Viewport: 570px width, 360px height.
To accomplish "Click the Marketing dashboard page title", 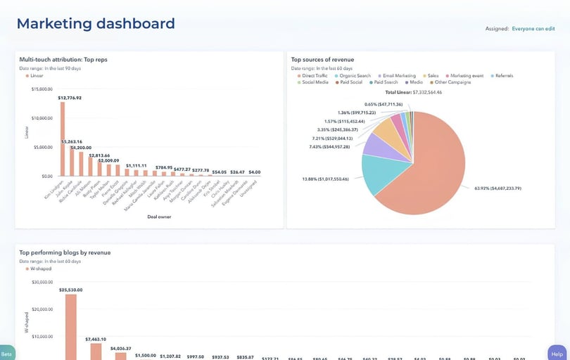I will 96,23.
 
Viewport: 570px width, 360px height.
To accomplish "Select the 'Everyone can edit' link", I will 533,29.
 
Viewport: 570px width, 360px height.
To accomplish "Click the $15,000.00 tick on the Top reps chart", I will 42,89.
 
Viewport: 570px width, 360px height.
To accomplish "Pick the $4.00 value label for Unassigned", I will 255,172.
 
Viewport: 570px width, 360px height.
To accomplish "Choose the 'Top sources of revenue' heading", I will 322,60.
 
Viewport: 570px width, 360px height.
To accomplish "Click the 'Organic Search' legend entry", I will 354,75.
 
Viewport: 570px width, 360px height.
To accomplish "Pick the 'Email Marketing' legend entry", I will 398,75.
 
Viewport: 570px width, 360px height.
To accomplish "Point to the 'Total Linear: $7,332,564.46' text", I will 413,92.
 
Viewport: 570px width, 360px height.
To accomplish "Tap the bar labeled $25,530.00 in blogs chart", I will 70,327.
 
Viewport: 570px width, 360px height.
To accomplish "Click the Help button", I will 557,354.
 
